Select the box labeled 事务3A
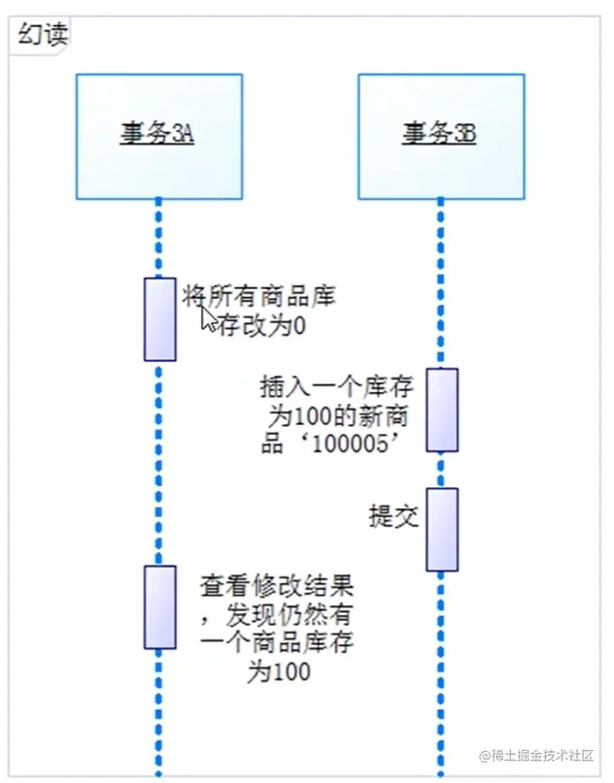click(x=159, y=137)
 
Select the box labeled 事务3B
click(x=440, y=137)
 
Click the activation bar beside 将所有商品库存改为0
click(x=160, y=319)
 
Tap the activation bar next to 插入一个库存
click(x=442, y=409)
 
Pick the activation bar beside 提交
click(x=442, y=529)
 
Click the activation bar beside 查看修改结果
click(x=160, y=606)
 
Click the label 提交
click(x=393, y=516)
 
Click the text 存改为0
click(x=261, y=325)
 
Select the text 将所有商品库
click(x=258, y=297)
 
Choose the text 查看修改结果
click(x=276, y=587)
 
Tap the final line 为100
click(x=278, y=670)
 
